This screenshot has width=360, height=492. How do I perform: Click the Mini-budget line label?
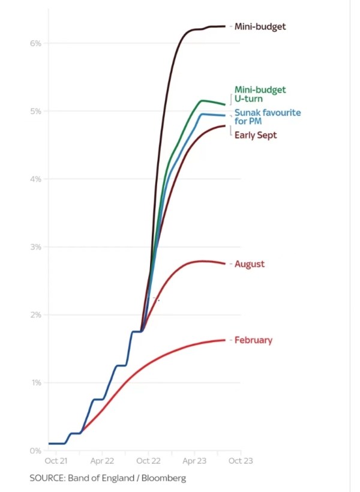pos(260,26)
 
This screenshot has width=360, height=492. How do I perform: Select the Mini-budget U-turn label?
pos(260,94)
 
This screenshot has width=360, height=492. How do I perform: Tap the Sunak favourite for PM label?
pos(268,117)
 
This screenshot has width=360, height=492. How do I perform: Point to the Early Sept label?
pos(256,136)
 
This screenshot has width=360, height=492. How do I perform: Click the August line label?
pos(250,264)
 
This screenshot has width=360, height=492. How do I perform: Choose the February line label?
pos(253,340)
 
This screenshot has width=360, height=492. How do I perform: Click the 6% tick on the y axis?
pos(36,43)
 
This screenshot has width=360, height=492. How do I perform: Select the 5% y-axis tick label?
pos(36,111)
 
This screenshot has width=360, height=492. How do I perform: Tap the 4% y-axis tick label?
pos(36,179)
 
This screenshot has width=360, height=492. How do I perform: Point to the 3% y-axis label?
pos(36,247)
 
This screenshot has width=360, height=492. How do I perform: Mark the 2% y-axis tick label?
pos(36,314)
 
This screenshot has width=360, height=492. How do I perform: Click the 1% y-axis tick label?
pos(36,382)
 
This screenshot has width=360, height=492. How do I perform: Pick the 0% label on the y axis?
pos(36,450)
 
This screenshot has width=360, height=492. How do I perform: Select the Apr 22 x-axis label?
pos(102,462)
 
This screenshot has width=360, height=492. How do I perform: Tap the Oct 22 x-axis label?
pos(148,462)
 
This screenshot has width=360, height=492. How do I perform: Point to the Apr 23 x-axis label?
pos(194,462)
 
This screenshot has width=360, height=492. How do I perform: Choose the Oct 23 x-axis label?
pos(241,462)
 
